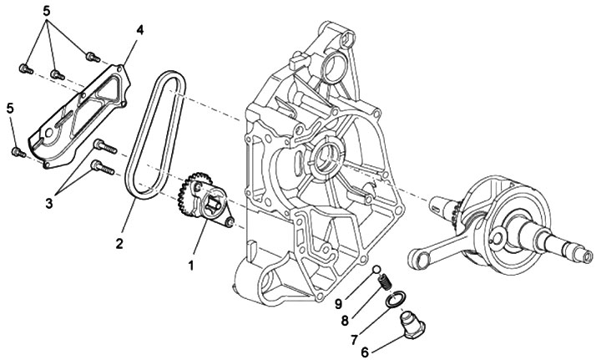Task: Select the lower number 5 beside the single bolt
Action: tap(11, 108)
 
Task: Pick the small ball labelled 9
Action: tap(377, 270)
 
